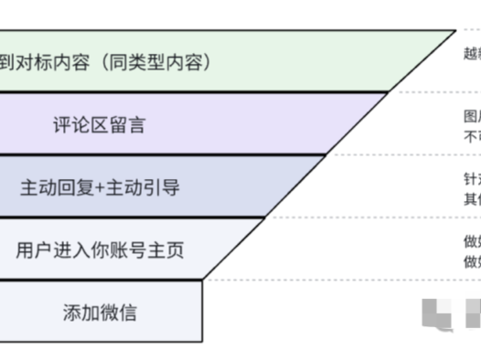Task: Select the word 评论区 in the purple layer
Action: pos(77,125)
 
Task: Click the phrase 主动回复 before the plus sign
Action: pos(52,188)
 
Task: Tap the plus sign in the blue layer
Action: pos(92,188)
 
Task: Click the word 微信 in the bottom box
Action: pos(119,312)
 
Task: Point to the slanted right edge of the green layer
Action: pos(422,61)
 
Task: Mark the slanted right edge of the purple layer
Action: pos(358,123)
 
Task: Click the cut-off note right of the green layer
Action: pos(472,53)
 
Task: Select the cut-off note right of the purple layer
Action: pos(472,124)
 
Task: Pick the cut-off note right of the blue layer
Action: pos(472,187)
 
